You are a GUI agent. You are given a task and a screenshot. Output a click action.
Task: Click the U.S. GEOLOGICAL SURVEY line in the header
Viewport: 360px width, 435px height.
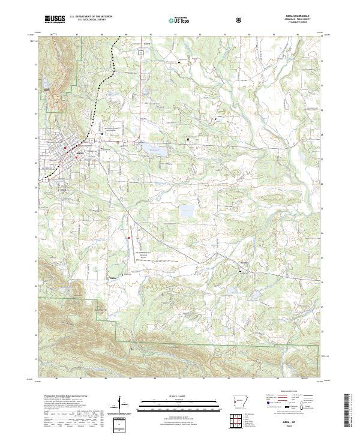coord(88,21)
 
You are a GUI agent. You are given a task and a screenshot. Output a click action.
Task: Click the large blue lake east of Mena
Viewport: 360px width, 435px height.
coord(152,149)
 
